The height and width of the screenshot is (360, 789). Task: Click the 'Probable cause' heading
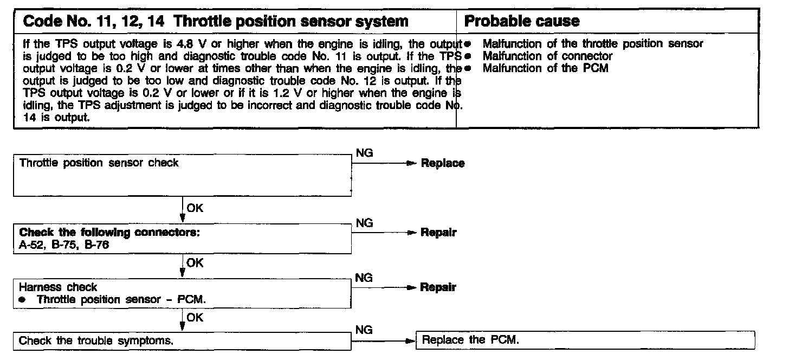(522, 21)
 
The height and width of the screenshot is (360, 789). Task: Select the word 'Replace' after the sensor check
(443, 163)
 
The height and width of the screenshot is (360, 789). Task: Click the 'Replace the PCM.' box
(585, 340)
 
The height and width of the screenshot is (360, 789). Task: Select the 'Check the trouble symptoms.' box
(183, 341)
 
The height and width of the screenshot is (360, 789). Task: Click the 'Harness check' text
(58, 287)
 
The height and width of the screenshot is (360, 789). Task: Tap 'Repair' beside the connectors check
(438, 233)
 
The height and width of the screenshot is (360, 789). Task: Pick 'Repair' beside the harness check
(438, 287)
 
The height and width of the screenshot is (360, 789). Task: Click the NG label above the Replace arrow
(364, 153)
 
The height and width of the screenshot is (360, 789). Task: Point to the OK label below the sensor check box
(195, 207)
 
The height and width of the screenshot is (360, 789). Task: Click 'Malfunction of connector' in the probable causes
(547, 56)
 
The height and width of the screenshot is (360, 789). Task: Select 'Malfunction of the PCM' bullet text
(545, 68)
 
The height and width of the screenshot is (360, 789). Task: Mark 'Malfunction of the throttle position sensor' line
(592, 44)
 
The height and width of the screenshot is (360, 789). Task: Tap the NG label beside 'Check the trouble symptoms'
(364, 329)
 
